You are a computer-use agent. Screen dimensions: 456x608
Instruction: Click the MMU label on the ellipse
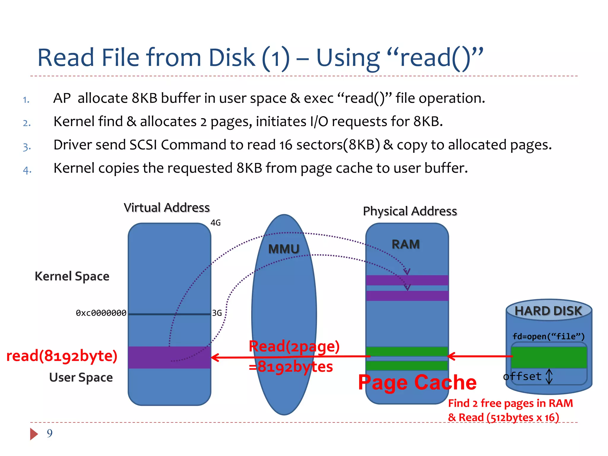tap(284, 249)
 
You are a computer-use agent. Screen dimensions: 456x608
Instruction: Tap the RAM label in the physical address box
tap(406, 244)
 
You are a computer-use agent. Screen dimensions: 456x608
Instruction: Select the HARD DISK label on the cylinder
tap(548, 311)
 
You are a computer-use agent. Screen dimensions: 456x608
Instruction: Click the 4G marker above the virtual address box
tap(216, 223)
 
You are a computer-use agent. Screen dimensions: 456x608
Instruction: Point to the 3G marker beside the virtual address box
tap(217, 313)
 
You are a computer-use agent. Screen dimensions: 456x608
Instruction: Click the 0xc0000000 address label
tap(101, 313)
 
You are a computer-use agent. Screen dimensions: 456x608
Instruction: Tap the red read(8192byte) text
tap(62, 356)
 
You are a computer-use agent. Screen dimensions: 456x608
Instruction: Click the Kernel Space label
tap(72, 276)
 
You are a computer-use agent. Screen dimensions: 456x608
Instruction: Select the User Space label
tap(81, 377)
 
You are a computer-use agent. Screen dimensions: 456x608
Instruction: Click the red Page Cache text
tap(417, 382)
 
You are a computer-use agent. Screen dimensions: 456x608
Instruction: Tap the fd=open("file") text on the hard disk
tap(548, 336)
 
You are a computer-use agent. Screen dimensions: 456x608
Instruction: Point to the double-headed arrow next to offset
tap(549, 376)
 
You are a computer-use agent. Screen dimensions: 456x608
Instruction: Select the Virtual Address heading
tap(167, 208)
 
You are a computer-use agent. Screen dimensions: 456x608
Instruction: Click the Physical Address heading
tap(410, 211)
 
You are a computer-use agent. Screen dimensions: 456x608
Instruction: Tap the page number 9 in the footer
tap(50, 433)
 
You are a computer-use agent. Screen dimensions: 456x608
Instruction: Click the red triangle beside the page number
tap(34, 434)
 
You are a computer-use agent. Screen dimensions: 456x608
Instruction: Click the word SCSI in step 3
tap(143, 145)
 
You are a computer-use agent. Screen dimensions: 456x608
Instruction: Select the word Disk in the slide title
tap(232, 58)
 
